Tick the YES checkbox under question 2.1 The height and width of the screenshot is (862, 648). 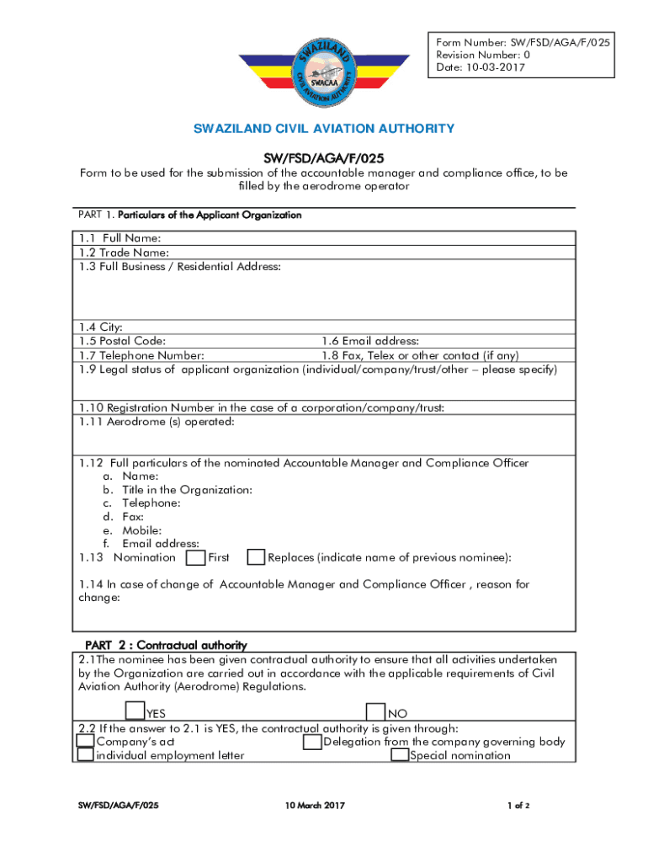(x=135, y=712)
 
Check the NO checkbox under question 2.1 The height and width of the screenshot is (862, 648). (x=376, y=712)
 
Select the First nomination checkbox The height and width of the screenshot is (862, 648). (x=195, y=557)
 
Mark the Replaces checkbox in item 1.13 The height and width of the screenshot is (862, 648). (x=256, y=557)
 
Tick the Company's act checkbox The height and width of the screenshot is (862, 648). (x=85, y=742)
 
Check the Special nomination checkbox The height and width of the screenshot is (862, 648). (x=400, y=755)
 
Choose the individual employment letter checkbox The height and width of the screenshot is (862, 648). (x=85, y=755)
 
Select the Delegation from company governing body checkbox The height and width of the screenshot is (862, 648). (x=312, y=742)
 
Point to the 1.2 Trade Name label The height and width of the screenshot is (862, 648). (x=124, y=253)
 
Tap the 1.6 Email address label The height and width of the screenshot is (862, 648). (x=369, y=341)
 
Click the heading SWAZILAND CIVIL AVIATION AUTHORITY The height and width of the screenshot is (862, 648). (x=324, y=129)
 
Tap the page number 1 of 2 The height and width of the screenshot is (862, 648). (x=518, y=806)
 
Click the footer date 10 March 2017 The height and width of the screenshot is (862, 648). (x=316, y=806)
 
